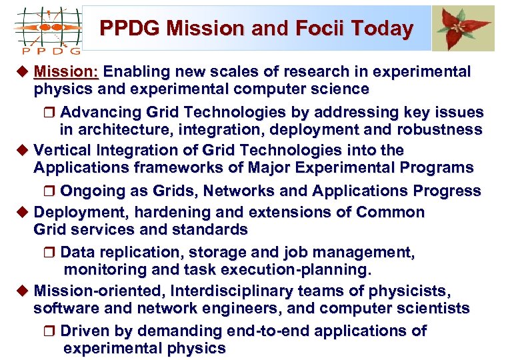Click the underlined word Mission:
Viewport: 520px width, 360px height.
[66, 72]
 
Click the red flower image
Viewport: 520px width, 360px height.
[463, 28]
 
